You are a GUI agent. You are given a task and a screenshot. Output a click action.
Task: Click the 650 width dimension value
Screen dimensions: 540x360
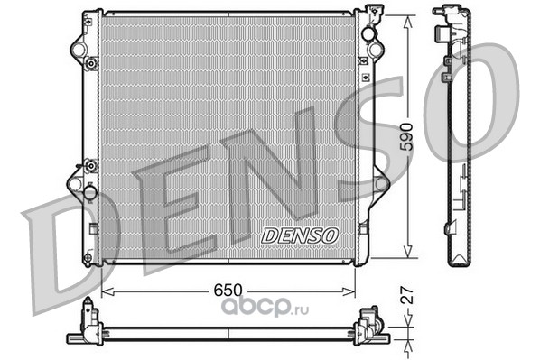click(x=228, y=291)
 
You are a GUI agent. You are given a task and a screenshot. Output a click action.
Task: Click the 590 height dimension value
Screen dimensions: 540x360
click(x=408, y=136)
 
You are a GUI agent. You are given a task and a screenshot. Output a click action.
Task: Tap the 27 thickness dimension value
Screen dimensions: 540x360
click(x=408, y=295)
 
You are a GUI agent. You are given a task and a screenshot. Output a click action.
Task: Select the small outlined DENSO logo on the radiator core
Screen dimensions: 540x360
click(x=300, y=236)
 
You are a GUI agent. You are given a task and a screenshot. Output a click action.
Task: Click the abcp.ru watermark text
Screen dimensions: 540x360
click(x=265, y=306)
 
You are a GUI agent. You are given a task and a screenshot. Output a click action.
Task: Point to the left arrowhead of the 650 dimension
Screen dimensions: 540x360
click(x=107, y=291)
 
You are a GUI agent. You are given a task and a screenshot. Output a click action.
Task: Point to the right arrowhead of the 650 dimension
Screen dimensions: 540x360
click(x=349, y=291)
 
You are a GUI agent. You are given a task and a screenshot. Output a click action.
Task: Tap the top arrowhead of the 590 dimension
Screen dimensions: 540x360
click(x=408, y=23)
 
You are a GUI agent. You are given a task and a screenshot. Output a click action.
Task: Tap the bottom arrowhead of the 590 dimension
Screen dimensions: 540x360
click(x=408, y=251)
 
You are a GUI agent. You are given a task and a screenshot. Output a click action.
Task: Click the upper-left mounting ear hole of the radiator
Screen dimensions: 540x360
click(x=78, y=50)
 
